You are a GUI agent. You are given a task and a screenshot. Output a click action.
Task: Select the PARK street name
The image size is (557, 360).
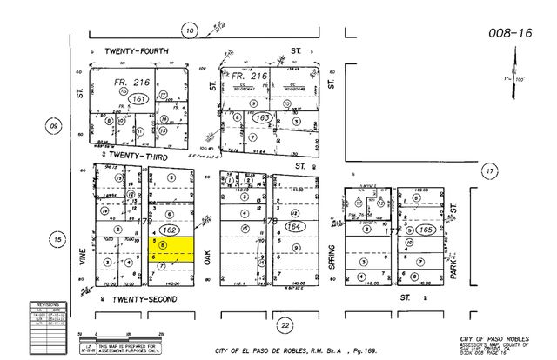454,251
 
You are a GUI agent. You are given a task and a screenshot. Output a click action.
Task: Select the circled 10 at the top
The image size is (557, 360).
190,31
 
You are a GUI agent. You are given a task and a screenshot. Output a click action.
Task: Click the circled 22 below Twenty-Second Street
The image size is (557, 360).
285,324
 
